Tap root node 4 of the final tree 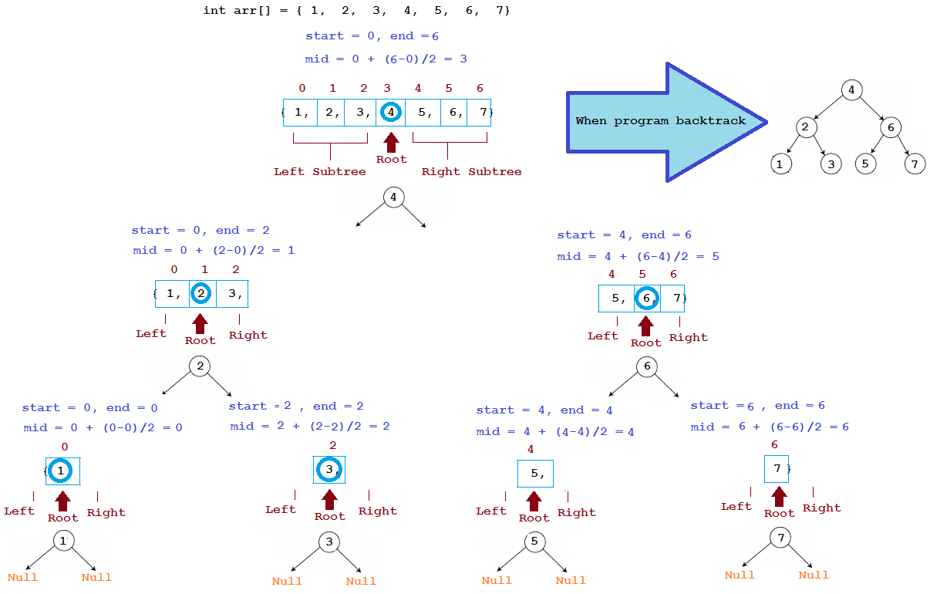point(851,89)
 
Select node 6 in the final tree point(890,127)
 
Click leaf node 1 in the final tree point(781,164)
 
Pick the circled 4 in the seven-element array point(392,113)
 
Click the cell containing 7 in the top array point(480,113)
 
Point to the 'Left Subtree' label point(319,171)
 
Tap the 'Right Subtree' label point(471,171)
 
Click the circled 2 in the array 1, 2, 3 point(200,294)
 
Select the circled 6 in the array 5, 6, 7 point(646,299)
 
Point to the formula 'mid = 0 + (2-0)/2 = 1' point(214,250)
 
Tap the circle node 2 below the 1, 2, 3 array point(200,366)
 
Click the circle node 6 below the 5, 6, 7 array point(647,368)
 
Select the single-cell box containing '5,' point(534,474)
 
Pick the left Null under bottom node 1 point(22,577)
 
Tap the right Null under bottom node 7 point(814,575)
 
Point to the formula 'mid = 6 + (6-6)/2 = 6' point(770,427)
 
